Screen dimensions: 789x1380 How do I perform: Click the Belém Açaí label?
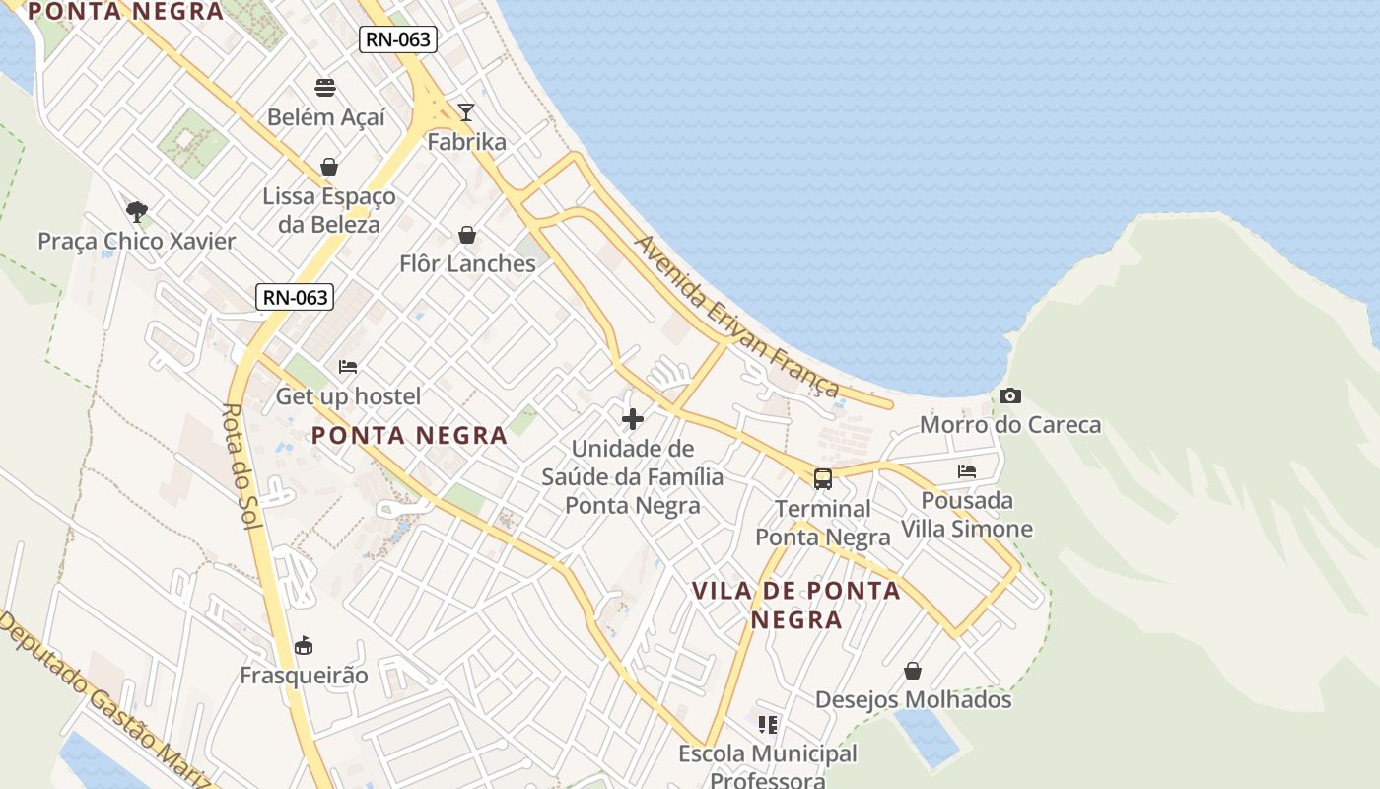[x=326, y=117]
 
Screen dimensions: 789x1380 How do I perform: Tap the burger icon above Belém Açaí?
[x=325, y=87]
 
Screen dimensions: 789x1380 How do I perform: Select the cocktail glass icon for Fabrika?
[x=466, y=111]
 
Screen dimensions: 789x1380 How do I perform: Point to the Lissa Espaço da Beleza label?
[x=329, y=210]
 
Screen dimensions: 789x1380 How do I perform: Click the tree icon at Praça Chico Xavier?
[x=137, y=211]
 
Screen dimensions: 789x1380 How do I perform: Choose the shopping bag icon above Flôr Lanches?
[x=467, y=235]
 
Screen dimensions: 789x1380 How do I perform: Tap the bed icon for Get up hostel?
[x=348, y=367]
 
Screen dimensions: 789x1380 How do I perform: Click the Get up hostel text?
[x=348, y=396]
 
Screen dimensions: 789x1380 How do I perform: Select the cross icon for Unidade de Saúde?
[x=633, y=419]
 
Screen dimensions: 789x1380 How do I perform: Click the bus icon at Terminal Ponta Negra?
[x=823, y=479]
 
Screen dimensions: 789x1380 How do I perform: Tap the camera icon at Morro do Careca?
[x=1010, y=395]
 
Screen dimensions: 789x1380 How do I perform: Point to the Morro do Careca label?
[x=1010, y=425]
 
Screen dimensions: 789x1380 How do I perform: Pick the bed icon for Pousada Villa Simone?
[x=967, y=471]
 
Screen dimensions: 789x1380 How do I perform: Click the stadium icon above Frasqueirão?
[x=304, y=646]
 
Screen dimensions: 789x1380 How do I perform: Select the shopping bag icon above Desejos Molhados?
[x=913, y=671]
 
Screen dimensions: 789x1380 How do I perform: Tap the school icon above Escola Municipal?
[x=768, y=725]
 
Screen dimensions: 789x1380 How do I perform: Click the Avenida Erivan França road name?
[x=737, y=316]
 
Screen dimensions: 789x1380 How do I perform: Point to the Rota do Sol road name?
[x=241, y=466]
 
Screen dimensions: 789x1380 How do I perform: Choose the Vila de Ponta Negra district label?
[x=796, y=605]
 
